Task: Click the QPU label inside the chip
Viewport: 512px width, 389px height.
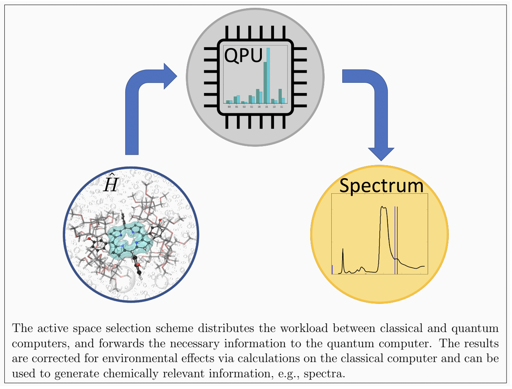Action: point(243,56)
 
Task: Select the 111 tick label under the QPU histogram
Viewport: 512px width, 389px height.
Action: point(282,107)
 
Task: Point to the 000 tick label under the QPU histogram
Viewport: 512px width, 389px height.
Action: point(229,107)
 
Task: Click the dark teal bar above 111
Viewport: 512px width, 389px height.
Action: point(280,96)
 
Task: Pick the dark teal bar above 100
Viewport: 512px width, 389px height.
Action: point(258,96)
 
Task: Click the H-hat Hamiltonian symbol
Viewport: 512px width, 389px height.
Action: point(110,183)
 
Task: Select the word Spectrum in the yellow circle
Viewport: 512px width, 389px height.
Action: point(381,186)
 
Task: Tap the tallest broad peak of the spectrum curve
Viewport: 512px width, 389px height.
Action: point(384,211)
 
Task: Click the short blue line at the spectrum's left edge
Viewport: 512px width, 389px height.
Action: point(332,269)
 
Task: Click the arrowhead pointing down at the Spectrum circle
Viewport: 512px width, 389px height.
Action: point(381,154)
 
